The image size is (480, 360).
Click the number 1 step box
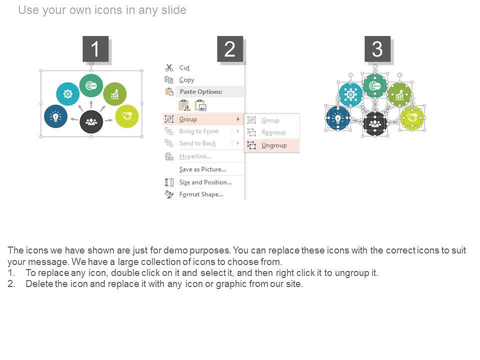click(95, 49)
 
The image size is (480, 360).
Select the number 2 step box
click(230, 49)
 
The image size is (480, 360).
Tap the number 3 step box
click(377, 49)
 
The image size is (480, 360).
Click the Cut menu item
click(184, 67)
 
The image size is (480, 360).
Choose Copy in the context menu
click(186, 80)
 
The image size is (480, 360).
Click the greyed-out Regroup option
click(273, 132)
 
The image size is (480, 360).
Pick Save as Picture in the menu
click(202, 169)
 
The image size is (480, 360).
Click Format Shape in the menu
click(201, 194)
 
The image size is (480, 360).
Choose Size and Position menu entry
click(205, 182)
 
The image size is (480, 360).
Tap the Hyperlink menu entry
click(195, 156)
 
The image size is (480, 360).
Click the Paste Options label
click(201, 91)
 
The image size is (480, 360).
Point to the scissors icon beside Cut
click(169, 67)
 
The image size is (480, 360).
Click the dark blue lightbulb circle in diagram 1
click(55, 116)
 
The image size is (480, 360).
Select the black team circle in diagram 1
click(91, 122)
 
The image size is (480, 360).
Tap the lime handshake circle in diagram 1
click(126, 116)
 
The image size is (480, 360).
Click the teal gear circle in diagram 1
click(67, 93)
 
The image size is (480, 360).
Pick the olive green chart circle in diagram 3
click(399, 94)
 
